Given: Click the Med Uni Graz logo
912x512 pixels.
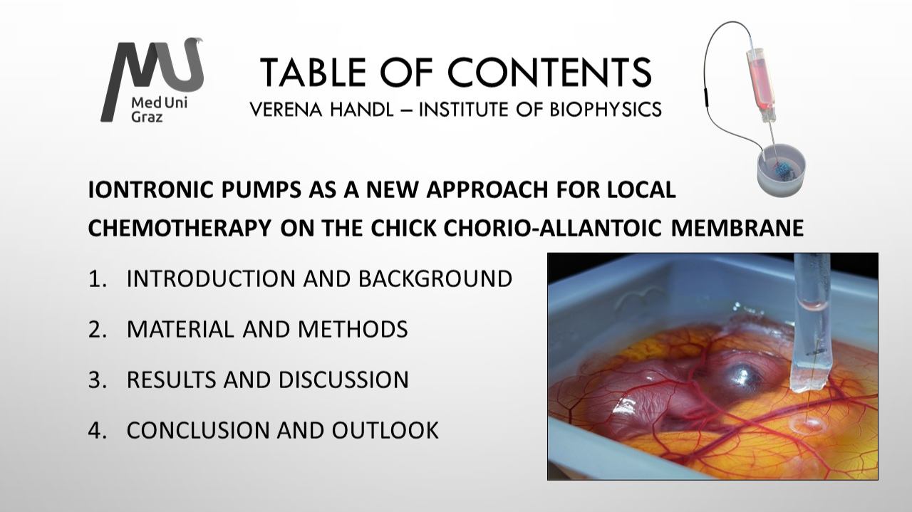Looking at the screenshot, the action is pos(152,80).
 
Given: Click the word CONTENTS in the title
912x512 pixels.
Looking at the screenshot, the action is pos(550,72).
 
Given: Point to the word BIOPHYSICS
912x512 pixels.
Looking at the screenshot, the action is pos(606,110).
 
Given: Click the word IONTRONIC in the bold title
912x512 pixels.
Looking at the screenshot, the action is pos(150,189).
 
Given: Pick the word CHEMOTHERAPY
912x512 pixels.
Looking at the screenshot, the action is pos(180,228).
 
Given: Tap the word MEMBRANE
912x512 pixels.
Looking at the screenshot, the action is pos(737,228).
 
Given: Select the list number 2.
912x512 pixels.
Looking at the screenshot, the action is pos(97,329).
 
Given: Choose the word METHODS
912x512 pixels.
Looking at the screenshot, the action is pos(353,329).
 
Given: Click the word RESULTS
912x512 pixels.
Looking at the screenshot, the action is pos(172,380).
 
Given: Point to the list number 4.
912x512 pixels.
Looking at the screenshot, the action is pos(97,430).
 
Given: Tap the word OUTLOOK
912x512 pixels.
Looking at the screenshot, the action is pos(385,430).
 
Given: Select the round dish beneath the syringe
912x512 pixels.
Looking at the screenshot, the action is pos(782,170).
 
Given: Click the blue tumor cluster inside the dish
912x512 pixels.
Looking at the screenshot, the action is pos(782,170).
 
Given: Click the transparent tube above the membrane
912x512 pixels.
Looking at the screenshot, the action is pos(809,322).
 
